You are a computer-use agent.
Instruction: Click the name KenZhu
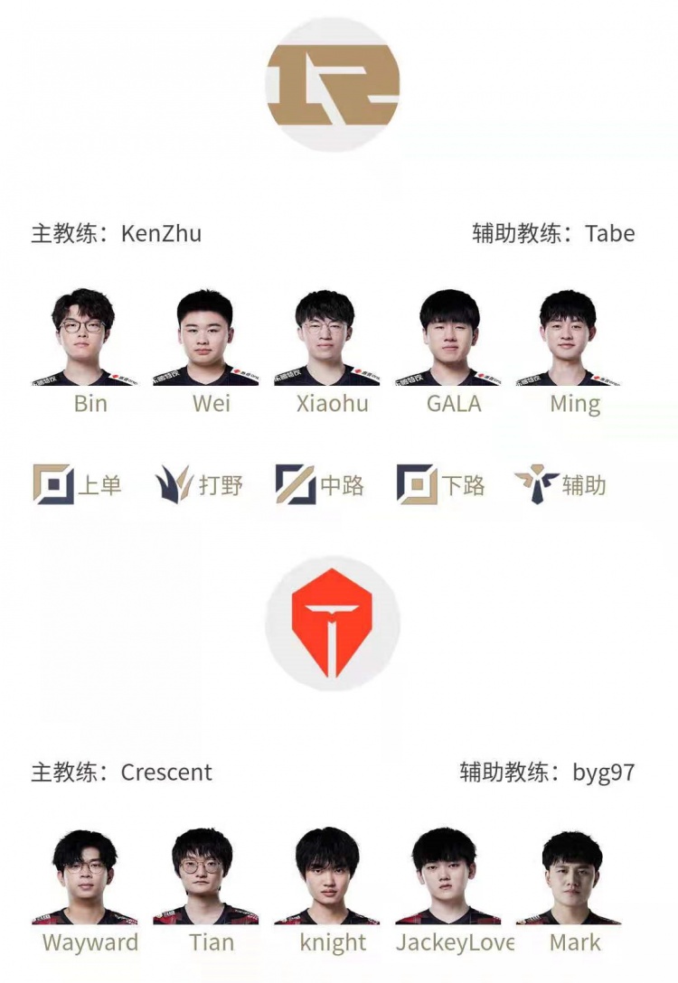(161, 234)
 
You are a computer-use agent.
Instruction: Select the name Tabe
(609, 234)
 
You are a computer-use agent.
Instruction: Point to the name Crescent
(166, 772)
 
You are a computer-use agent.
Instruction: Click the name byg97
(603, 773)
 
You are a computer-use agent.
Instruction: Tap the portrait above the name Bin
(83, 337)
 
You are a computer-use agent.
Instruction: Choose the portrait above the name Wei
(205, 337)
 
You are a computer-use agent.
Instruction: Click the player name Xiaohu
(333, 403)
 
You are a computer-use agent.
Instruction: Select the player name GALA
(454, 403)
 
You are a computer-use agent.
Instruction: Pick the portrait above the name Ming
(568, 337)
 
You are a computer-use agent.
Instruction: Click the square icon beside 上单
(53, 484)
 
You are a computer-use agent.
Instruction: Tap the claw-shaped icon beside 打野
(174, 484)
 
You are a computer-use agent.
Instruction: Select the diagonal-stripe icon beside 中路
(296, 484)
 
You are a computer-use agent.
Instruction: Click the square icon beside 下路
(417, 484)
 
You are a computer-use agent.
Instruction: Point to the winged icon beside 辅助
(536, 484)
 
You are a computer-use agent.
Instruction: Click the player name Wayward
(90, 942)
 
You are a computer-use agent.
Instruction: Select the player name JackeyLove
(456, 943)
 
